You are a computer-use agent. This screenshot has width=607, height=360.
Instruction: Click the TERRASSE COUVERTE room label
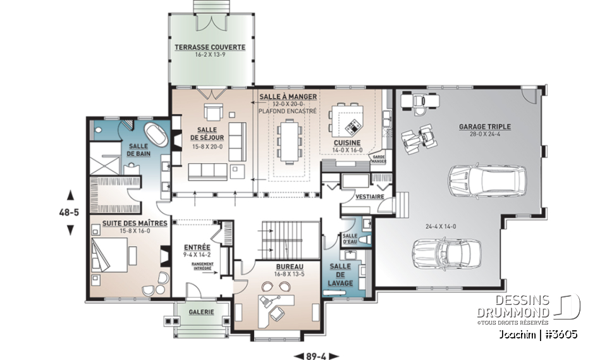coord(210,47)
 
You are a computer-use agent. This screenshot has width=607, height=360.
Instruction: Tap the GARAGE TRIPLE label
coord(485,127)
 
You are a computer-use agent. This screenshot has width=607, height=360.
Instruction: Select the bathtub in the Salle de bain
coord(156,136)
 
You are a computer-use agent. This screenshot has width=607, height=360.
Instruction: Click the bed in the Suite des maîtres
coord(107,256)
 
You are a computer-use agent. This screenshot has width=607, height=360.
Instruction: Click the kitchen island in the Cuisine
coord(348,118)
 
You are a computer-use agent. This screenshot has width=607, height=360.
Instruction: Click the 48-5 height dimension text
coord(70,213)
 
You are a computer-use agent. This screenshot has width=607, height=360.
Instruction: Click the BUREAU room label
coord(290,266)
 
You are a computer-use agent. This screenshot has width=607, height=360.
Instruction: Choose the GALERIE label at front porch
coord(200,312)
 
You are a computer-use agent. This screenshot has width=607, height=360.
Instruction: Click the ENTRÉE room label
coord(193,247)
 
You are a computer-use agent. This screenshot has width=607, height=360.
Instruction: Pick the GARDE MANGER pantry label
coord(379,158)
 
